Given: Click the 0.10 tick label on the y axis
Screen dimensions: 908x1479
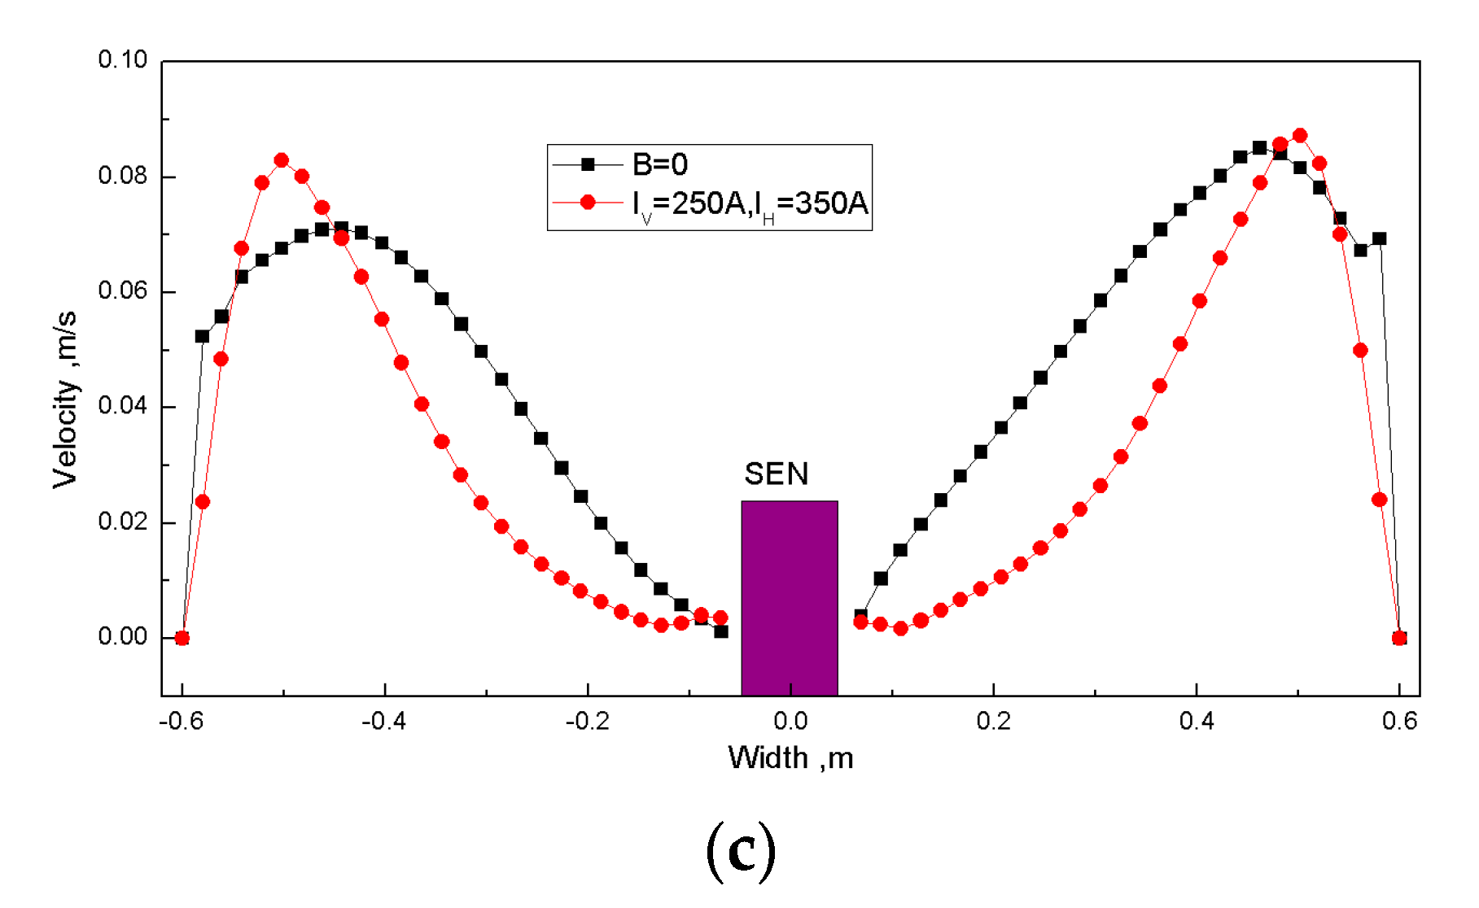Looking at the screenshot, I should [x=122, y=60].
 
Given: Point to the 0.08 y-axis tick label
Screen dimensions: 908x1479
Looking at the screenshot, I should [x=122, y=176].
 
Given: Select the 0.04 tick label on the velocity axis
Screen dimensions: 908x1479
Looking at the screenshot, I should [x=122, y=406].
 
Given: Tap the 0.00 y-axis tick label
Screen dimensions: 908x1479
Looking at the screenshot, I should [x=122, y=637].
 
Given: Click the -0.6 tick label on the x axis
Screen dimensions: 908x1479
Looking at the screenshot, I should [x=181, y=721].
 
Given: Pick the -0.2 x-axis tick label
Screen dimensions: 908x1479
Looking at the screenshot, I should [x=587, y=721].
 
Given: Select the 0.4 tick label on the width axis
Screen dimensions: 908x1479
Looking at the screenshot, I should [x=1196, y=721].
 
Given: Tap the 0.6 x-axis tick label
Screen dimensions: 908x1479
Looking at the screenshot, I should [x=1399, y=721].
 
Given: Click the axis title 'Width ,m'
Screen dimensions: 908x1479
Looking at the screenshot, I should [x=790, y=758].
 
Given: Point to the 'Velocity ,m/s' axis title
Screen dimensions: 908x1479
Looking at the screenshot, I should [x=65, y=399].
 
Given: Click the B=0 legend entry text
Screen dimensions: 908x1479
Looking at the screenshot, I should [x=660, y=165].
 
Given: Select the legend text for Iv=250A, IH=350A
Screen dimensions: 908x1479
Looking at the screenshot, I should [x=750, y=203].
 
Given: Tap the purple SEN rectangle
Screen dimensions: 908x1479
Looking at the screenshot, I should [x=789, y=598].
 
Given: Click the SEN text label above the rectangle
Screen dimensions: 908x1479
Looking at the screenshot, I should [x=776, y=474].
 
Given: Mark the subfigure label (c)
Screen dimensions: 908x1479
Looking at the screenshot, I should [x=740, y=851].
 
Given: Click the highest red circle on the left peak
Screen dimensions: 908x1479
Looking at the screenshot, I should [x=282, y=160].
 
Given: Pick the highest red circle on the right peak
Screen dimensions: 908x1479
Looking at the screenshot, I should [x=1300, y=135].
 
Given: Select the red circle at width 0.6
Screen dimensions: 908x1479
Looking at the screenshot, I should [x=1399, y=638].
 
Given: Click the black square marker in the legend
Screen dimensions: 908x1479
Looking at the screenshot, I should [x=588, y=165].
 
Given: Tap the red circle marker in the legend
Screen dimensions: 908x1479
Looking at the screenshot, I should [x=588, y=203].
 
